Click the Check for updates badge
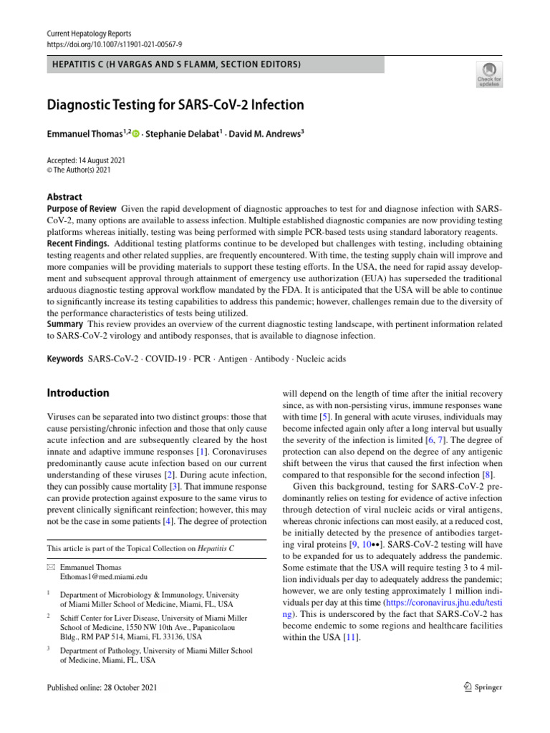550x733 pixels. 489,73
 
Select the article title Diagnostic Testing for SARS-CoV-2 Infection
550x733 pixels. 175,105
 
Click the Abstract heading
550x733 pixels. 64,197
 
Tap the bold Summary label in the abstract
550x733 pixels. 65,324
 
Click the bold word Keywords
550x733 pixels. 64,359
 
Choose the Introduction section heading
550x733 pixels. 77,393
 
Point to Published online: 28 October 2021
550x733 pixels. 100,687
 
